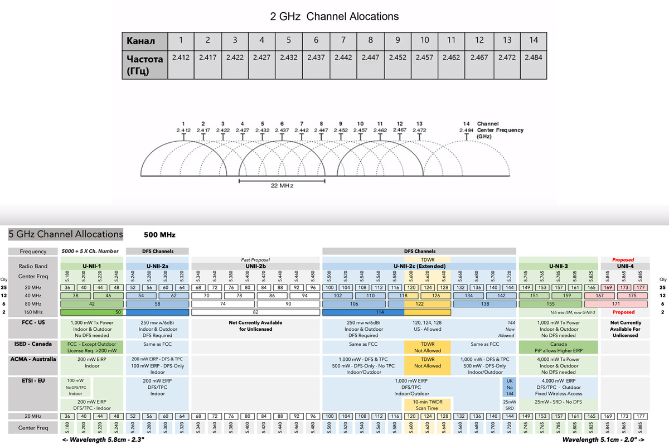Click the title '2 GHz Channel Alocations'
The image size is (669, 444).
pos(334,16)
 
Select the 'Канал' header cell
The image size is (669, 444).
pos(144,41)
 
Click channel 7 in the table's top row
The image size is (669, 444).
pos(343,40)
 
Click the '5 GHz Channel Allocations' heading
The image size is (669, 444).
pos(66,234)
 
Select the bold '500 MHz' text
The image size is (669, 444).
pos(159,235)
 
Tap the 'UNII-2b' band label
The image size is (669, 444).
pos(256,266)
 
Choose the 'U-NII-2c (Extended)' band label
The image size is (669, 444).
pos(419,266)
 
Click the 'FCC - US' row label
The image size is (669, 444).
pos(33,323)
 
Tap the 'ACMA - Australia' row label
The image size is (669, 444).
pos(33,359)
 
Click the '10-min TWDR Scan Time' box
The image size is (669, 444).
pos(428,404)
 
